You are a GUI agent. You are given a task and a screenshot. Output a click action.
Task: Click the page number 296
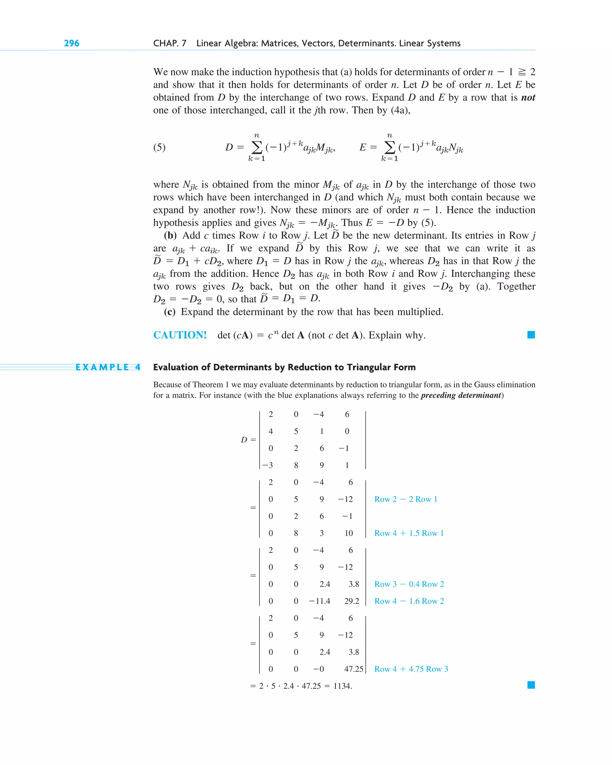71,43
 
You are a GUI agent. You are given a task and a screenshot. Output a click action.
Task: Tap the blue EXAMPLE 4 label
108,367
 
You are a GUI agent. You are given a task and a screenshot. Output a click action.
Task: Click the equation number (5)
159,147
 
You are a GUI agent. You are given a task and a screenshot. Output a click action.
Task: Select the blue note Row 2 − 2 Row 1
406,499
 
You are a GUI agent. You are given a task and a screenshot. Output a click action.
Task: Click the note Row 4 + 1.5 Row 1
408,533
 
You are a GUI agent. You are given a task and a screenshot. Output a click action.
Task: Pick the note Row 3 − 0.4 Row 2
409,584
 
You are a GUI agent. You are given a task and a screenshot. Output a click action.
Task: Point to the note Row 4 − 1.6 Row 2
409,601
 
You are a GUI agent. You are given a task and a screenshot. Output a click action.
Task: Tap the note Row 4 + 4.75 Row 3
411,669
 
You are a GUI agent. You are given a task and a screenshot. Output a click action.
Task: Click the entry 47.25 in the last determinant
353,669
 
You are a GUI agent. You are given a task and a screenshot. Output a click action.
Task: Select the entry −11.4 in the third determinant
319,601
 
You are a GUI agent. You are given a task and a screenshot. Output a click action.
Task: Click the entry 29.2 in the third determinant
351,601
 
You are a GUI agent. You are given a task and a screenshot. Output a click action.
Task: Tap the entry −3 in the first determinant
268,465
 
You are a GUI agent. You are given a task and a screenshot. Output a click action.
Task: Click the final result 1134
342,686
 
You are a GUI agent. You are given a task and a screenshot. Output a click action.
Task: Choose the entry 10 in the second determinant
349,533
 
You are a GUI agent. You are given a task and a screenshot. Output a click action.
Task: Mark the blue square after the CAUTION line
531,335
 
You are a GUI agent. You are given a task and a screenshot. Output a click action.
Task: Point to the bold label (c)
169,312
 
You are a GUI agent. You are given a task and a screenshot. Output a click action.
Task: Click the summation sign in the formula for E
389,147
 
